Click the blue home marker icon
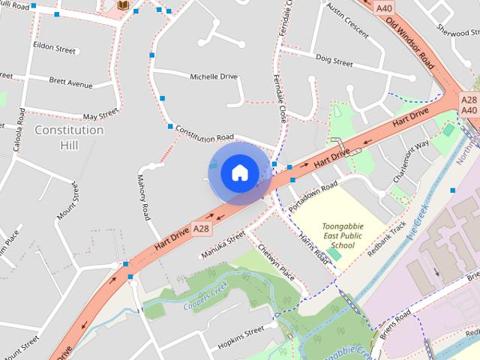click(239, 172)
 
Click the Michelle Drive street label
click(213, 76)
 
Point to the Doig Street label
click(334, 61)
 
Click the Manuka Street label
click(223, 244)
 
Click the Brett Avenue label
click(70, 82)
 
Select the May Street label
click(100, 115)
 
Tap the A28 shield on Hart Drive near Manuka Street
click(201, 228)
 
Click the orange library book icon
click(122, 6)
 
